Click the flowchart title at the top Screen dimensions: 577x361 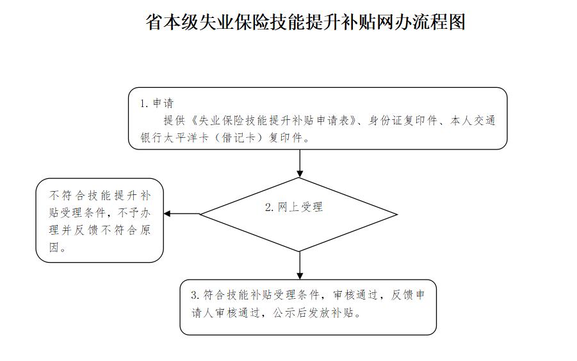pyautogui.click(x=305, y=22)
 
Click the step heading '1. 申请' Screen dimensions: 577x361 pyautogui.click(x=156, y=103)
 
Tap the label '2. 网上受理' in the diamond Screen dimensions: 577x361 pyautogui.click(x=294, y=207)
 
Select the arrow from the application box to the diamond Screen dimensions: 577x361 pyautogui.click(x=300, y=164)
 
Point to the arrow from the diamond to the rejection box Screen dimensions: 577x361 pyautogui.click(x=182, y=214)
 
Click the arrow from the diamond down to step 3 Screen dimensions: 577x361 pyautogui.click(x=300, y=265)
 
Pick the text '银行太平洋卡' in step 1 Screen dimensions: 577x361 pyautogui.click(x=174, y=138)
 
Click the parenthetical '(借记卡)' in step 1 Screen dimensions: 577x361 pyautogui.click(x=238, y=138)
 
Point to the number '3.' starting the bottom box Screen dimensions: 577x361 pyautogui.click(x=195, y=295)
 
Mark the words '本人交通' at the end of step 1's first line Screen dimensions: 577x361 pyautogui.click(x=473, y=121)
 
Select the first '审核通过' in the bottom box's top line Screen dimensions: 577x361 pyautogui.click(x=355, y=295)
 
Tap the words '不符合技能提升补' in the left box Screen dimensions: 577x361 pyautogui.click(x=99, y=195)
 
